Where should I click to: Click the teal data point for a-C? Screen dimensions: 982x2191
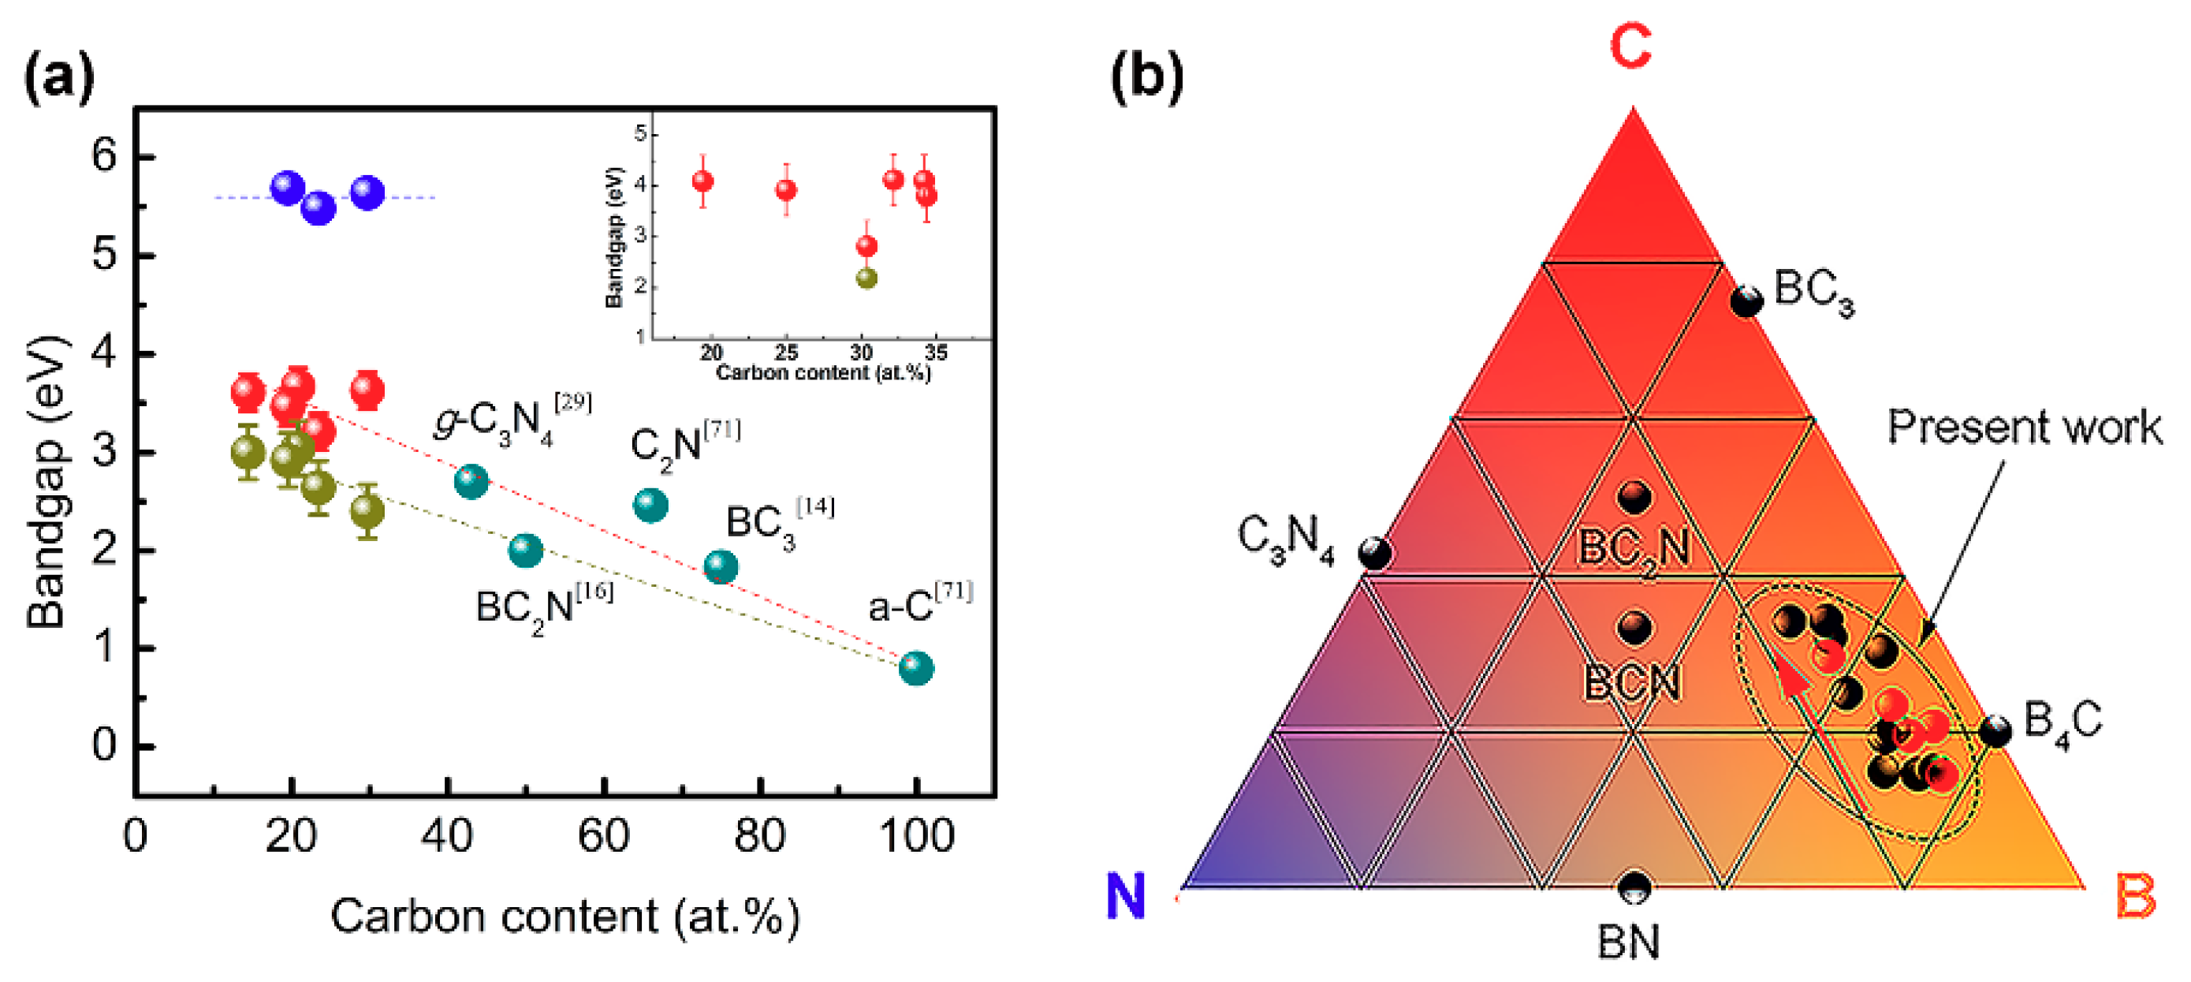916,668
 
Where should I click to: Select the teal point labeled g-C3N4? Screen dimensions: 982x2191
471,482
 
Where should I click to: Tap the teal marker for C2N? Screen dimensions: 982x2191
650,506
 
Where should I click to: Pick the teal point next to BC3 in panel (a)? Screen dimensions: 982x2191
721,567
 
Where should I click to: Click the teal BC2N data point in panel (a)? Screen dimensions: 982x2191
526,551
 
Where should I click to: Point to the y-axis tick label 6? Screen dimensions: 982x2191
105,157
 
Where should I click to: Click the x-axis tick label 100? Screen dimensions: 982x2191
916,837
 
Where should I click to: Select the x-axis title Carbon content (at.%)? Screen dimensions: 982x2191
565,917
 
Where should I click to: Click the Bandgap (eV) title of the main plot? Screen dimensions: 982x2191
47,483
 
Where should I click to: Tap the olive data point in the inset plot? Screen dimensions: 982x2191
866,278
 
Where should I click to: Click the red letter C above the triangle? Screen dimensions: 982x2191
1630,47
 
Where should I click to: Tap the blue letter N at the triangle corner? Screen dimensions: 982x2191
1125,896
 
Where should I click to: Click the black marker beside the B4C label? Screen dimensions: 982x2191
1995,731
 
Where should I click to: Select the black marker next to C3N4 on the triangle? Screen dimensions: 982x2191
1374,553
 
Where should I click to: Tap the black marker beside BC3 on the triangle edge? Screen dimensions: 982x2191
1746,301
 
